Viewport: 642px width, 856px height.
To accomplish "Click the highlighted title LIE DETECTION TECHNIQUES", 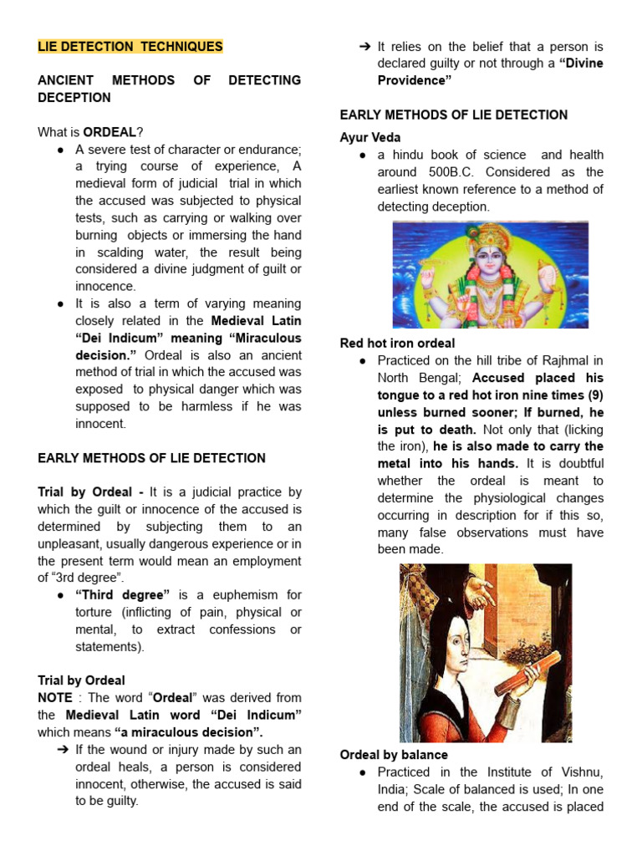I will (130, 46).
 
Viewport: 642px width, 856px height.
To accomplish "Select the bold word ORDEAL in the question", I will (110, 132).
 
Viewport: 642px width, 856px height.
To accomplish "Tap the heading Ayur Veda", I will (370, 137).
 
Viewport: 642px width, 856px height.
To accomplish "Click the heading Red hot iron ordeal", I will (397, 343).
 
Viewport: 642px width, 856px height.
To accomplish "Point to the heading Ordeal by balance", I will (394, 755).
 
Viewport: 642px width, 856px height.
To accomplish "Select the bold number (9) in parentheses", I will (594, 395).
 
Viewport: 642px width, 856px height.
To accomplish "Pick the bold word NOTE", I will (55, 698).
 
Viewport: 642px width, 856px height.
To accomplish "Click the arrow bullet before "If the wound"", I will (62, 750).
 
